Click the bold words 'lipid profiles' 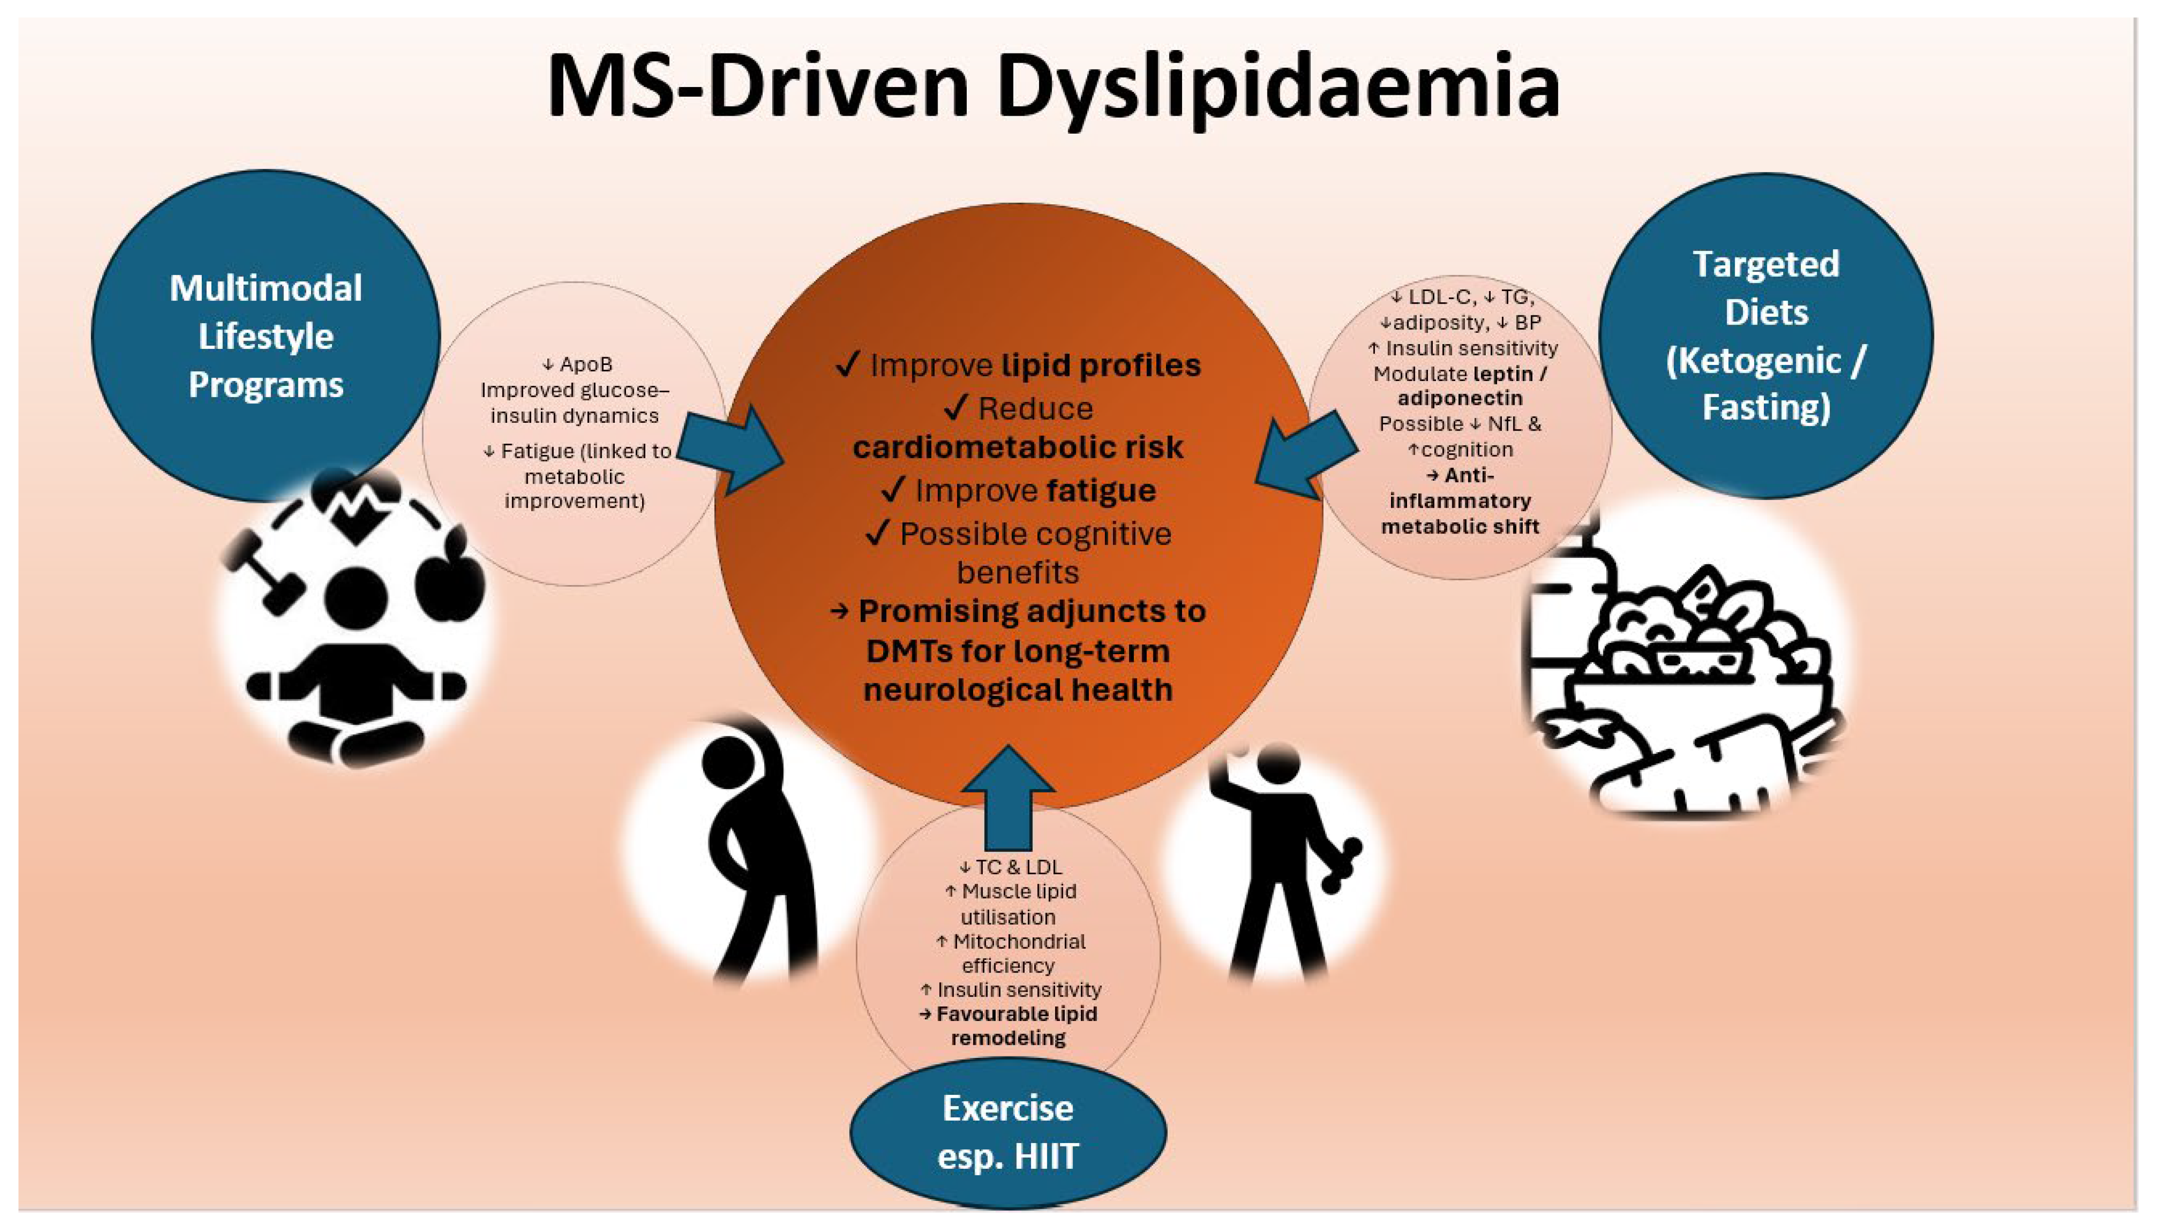point(1101,365)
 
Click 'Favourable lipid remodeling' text point(1008,1025)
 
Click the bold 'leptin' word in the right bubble point(1502,373)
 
